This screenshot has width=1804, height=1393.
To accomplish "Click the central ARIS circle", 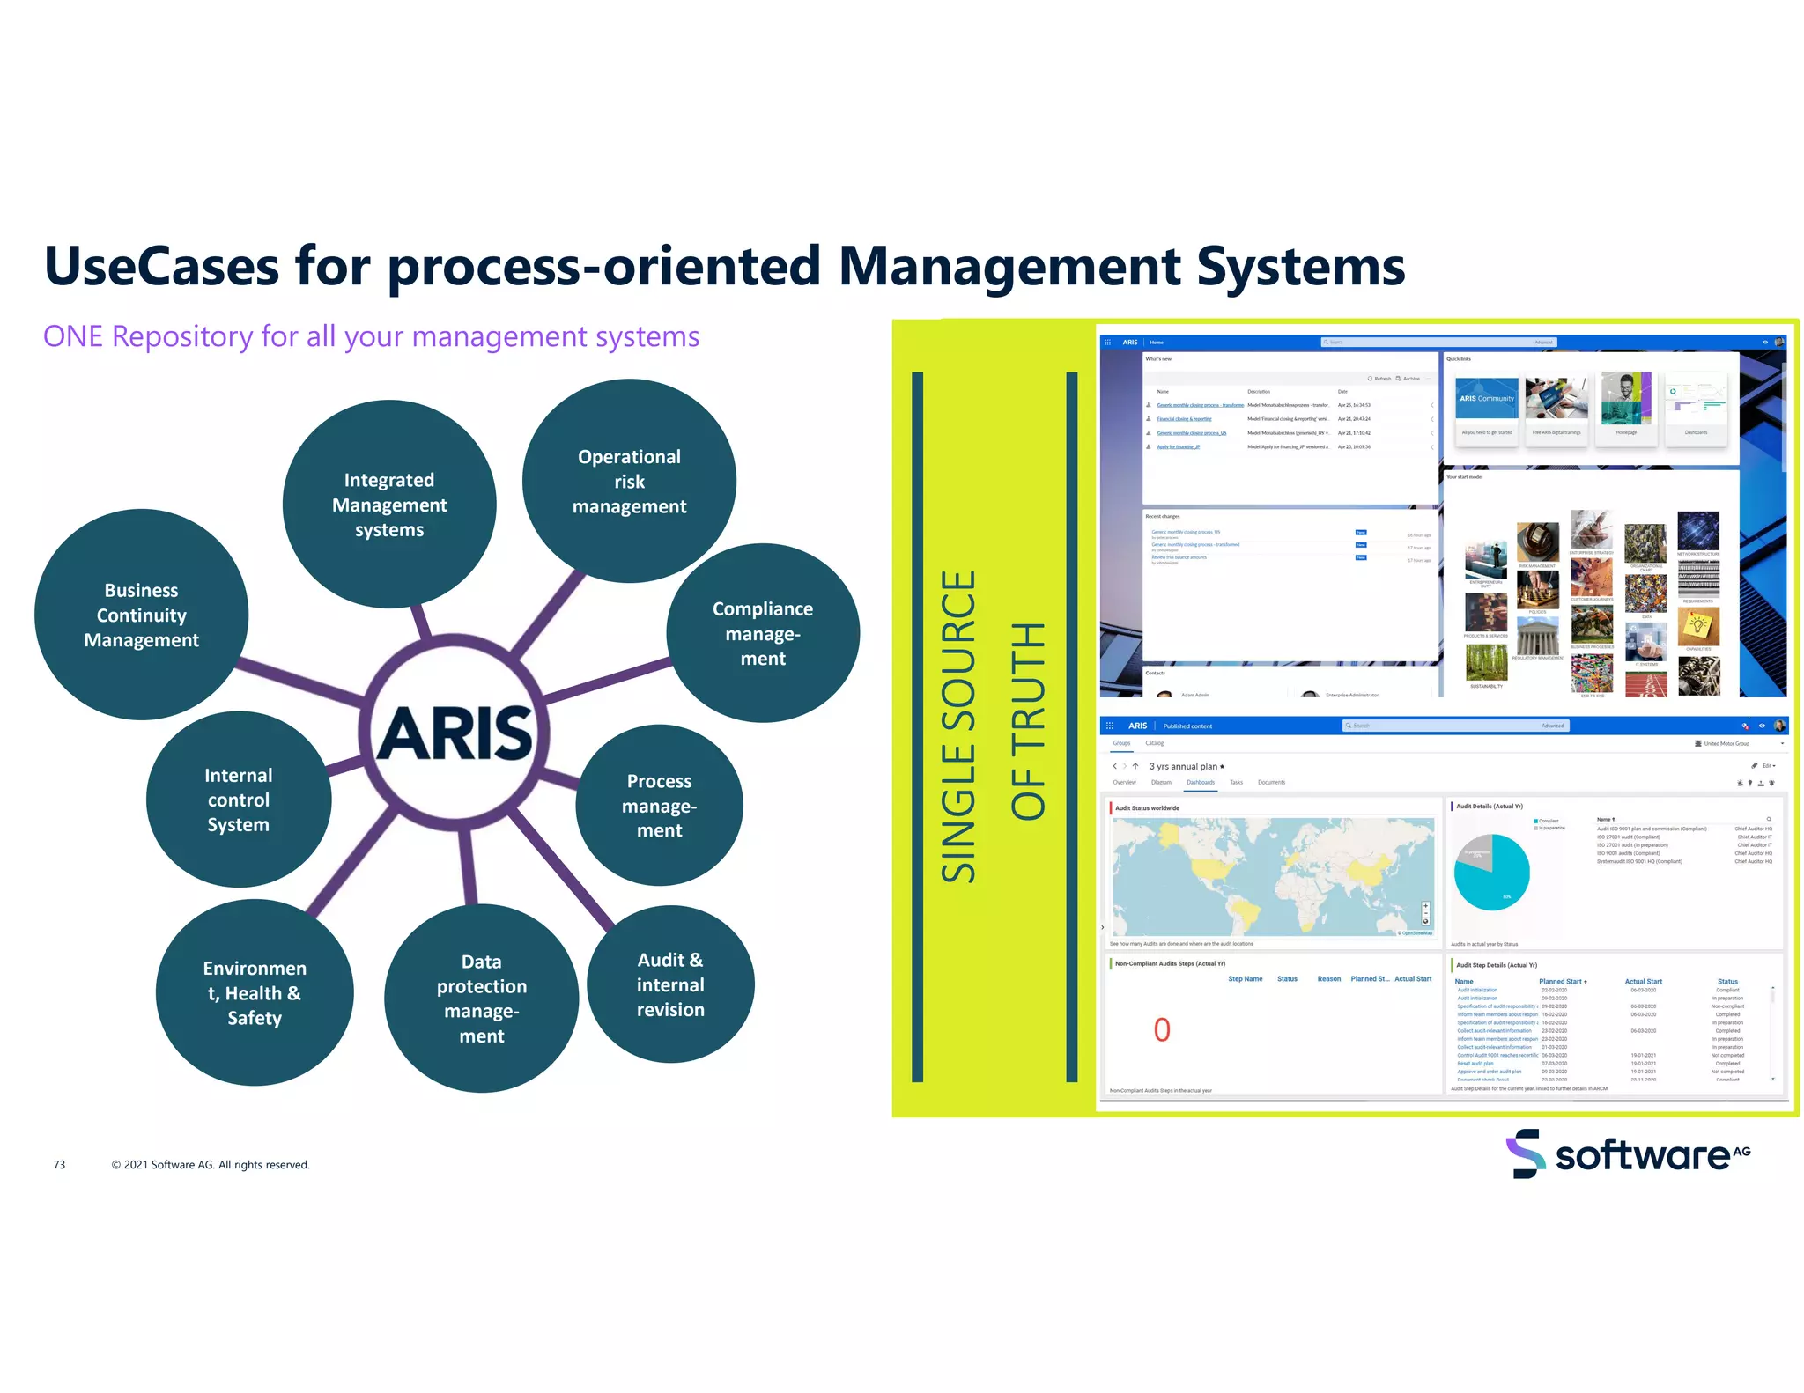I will coord(455,733).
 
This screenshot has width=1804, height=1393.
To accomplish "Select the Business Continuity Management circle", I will coord(141,615).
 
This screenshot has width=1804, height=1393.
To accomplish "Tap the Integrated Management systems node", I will coord(388,505).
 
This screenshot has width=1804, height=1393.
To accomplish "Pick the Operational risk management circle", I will coord(629,481).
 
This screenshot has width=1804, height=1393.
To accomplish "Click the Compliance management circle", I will coord(762,633).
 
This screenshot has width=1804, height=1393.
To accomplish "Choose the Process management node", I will coord(659,805).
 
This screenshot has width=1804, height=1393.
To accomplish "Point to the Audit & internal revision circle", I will coord(670,984).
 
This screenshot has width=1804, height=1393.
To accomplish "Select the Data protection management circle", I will coord(481,998).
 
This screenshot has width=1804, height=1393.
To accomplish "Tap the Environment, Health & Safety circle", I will coord(255,992).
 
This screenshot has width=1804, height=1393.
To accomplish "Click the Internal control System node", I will coord(238,800).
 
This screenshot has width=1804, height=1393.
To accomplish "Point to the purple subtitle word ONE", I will coord(73,336).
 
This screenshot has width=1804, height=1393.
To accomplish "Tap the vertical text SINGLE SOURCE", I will coord(958,726).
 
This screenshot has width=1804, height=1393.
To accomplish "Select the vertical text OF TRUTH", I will coord(1028,721).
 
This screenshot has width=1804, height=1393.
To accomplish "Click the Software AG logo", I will coord(1628,1153).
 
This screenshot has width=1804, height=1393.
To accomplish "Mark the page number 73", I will coord(59,1164).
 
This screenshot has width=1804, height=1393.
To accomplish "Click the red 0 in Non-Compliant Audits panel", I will coord(1162,1029).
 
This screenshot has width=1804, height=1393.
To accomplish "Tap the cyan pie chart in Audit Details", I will coord(1491,873).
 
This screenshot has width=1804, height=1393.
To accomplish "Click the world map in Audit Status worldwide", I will coord(1272,876).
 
